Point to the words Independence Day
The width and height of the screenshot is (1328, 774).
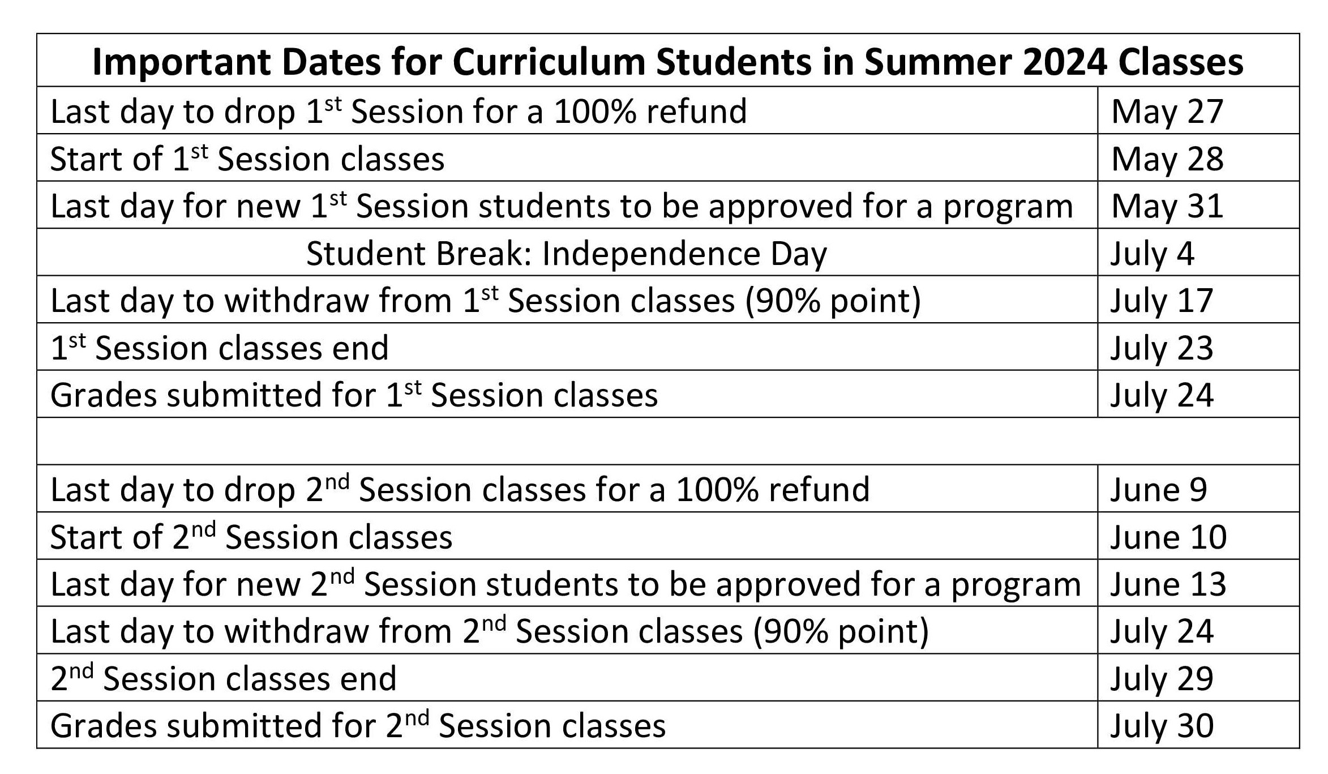684,255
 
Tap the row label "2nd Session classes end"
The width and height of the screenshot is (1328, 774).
224,678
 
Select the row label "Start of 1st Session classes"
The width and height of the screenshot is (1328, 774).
247,159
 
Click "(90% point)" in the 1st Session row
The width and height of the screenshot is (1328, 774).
833,301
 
